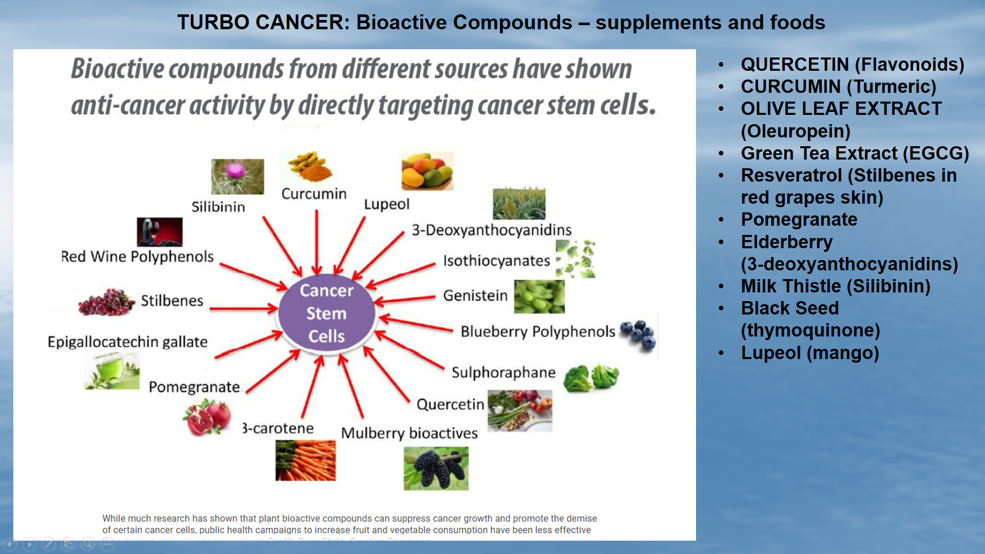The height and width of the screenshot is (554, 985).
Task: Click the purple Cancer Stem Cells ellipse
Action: (326, 313)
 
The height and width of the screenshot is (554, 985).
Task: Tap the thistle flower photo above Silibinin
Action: (237, 176)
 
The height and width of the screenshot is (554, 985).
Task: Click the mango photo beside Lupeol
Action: (427, 171)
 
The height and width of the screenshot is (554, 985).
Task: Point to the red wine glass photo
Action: (159, 232)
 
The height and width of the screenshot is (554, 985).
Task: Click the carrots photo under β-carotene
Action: (305, 460)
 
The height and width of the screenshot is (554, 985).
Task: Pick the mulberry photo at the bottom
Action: (436, 468)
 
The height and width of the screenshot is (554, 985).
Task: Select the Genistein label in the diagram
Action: (475, 295)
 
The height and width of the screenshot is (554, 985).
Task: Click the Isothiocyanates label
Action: (496, 261)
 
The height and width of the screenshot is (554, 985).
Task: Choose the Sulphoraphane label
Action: (503, 372)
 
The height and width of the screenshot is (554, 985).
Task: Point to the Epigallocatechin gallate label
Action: (127, 342)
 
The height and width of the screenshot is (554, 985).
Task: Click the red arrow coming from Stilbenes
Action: (243, 309)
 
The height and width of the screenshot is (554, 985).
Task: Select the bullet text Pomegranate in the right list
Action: (799, 220)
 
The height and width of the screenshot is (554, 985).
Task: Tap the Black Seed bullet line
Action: (789, 308)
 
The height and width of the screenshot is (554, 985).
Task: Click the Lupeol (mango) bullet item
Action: (809, 353)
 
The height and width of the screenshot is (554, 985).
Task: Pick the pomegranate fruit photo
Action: (207, 417)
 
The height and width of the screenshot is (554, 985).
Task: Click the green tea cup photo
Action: (112, 371)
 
